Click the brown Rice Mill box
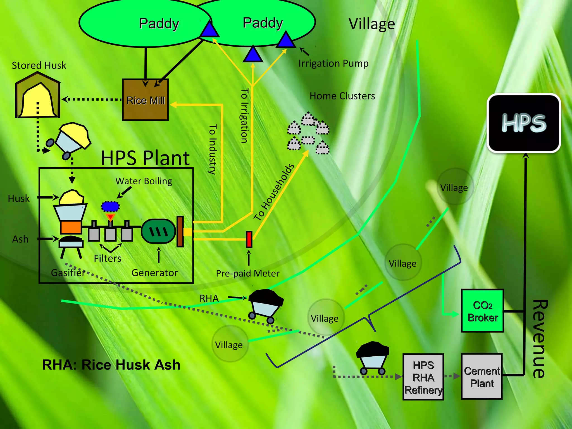145,100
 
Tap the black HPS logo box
524,123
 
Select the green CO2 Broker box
482,311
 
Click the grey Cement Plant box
482,376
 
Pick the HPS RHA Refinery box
423,377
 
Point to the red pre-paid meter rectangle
249,239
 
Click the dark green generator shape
158,231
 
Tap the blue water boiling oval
110,206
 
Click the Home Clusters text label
342,96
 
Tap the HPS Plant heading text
145,158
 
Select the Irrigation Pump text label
333,63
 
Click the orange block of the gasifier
71,227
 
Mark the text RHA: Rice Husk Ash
111,365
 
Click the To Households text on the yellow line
274,192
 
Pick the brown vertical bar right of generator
180,231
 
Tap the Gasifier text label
68,273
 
